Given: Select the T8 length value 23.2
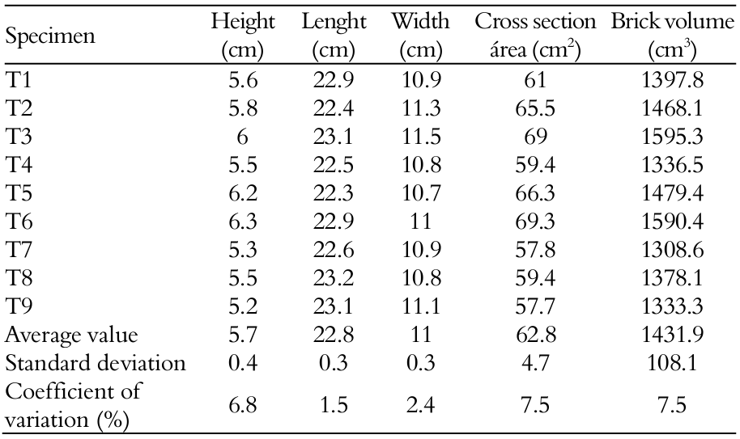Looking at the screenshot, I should pos(334,279).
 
